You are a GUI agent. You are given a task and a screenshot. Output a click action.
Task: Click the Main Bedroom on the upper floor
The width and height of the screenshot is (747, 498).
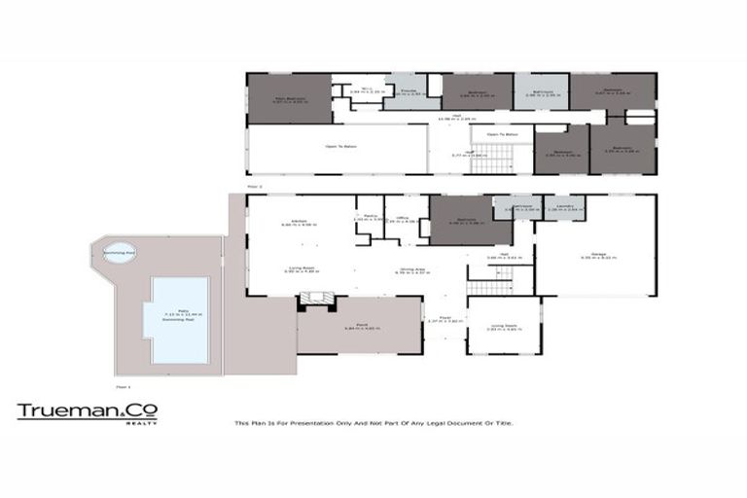pyautogui.click(x=290, y=98)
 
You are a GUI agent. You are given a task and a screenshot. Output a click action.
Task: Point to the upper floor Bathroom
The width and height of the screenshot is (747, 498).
pyautogui.click(x=539, y=91)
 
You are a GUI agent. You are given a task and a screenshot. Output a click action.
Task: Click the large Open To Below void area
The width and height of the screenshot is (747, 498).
pyautogui.click(x=338, y=149)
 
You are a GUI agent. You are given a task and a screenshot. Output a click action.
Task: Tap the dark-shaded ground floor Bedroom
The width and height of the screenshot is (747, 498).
pyautogui.click(x=471, y=221)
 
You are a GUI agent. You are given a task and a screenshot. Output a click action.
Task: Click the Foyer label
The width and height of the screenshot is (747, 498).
pyautogui.click(x=444, y=318)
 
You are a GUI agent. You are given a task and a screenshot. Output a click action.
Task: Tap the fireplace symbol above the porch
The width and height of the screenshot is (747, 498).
pyautogui.click(x=315, y=304)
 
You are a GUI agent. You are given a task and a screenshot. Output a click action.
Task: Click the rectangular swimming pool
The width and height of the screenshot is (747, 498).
pyautogui.click(x=177, y=319)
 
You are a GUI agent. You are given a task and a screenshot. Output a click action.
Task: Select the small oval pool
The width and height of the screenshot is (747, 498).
pyautogui.click(x=121, y=251)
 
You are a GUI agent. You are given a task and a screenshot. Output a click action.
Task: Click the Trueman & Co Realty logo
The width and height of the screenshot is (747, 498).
pyautogui.click(x=87, y=412)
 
